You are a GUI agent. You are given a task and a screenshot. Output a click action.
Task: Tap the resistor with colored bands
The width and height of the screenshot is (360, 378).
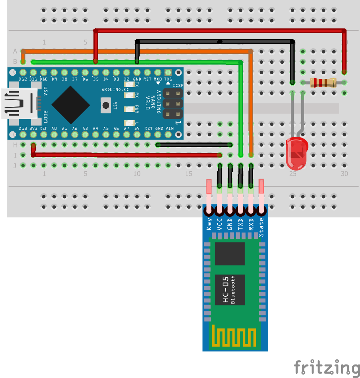(323, 82)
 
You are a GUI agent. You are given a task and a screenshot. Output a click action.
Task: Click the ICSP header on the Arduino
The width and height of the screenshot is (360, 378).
(172, 103)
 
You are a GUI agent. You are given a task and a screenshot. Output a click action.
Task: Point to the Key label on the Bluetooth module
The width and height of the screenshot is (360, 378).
(209, 224)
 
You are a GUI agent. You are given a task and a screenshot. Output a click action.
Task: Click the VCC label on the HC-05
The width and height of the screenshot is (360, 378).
(220, 224)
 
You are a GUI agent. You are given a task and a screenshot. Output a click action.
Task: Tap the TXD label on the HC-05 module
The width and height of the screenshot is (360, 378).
(240, 224)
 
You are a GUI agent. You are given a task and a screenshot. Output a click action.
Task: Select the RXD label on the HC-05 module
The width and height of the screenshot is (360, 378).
(251, 224)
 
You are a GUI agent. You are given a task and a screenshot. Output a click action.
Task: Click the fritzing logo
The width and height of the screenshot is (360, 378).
(327, 367)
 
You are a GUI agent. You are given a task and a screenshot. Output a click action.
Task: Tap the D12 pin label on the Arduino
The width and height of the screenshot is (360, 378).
(23, 79)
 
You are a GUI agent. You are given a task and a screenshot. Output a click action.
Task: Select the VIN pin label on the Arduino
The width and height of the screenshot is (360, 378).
(168, 128)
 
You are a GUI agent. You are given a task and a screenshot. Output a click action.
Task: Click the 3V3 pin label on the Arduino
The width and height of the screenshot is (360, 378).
(33, 128)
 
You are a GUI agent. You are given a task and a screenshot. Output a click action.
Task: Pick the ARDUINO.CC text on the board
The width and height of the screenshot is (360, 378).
(116, 90)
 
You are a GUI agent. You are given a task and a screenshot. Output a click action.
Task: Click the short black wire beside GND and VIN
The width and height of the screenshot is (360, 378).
(194, 145)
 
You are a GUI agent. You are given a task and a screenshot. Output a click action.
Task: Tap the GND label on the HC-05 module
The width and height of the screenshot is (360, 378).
(230, 224)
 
